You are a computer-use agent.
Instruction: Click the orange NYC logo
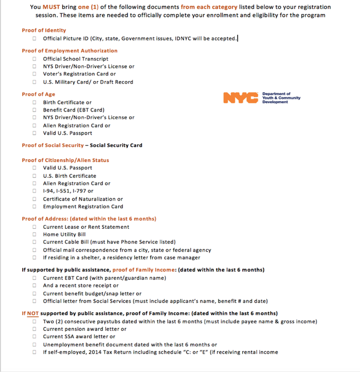(240, 98)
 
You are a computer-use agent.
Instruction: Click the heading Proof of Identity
(44, 31)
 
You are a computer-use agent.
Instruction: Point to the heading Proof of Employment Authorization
(70, 51)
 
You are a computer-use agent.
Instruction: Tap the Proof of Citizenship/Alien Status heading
(66, 160)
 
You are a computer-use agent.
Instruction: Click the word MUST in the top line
(52, 7)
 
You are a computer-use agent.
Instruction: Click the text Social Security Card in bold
(116, 145)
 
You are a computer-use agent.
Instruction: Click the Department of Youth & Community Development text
(281, 97)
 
